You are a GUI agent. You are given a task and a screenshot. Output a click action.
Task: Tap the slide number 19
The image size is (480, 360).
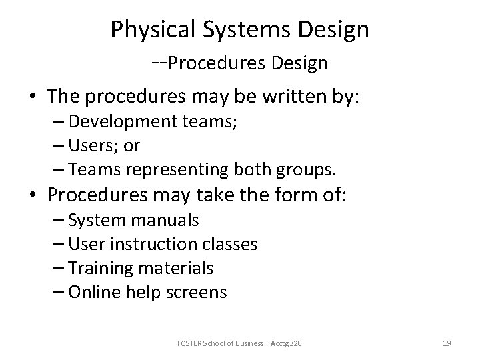point(447,343)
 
